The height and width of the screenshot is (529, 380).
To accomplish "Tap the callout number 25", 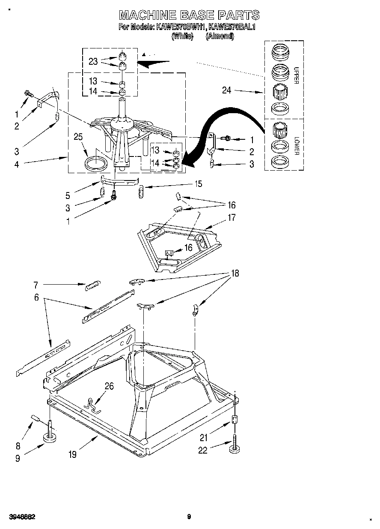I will (x=77, y=137).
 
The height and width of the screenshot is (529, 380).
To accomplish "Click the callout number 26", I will (x=109, y=386).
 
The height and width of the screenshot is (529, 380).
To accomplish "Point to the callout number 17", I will (x=232, y=217).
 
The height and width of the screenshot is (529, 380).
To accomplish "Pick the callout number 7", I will (x=36, y=284).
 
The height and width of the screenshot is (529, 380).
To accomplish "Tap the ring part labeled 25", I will (x=96, y=163).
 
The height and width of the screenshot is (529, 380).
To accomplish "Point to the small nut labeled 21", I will (x=235, y=420).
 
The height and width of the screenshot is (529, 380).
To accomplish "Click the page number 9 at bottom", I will (x=189, y=516).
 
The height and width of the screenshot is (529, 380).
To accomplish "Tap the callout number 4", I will (x=17, y=164).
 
